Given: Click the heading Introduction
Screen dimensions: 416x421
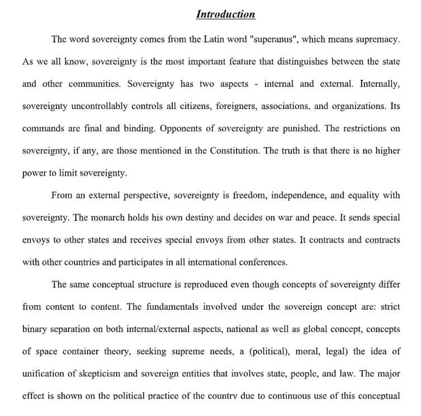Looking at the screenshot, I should pyautogui.click(x=225, y=15).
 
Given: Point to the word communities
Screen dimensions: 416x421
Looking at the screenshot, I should pyautogui.click(x=94, y=84).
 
